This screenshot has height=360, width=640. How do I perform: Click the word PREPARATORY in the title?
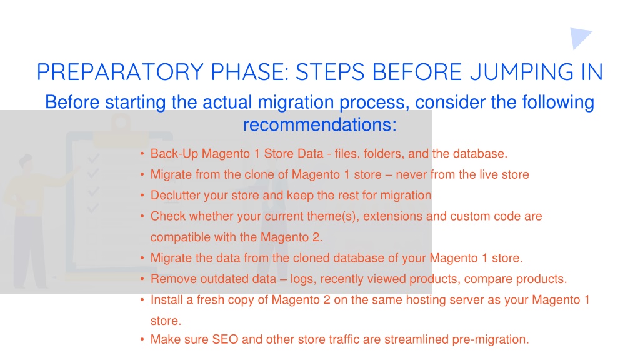pos(120,72)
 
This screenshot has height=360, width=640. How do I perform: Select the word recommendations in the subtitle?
pos(319,124)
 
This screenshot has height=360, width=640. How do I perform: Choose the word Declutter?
pos(176,196)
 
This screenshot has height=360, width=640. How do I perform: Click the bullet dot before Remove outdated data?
pos(142,279)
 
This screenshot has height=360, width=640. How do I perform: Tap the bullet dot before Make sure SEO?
pos(142,340)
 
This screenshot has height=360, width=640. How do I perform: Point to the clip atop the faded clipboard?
pos(121,126)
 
